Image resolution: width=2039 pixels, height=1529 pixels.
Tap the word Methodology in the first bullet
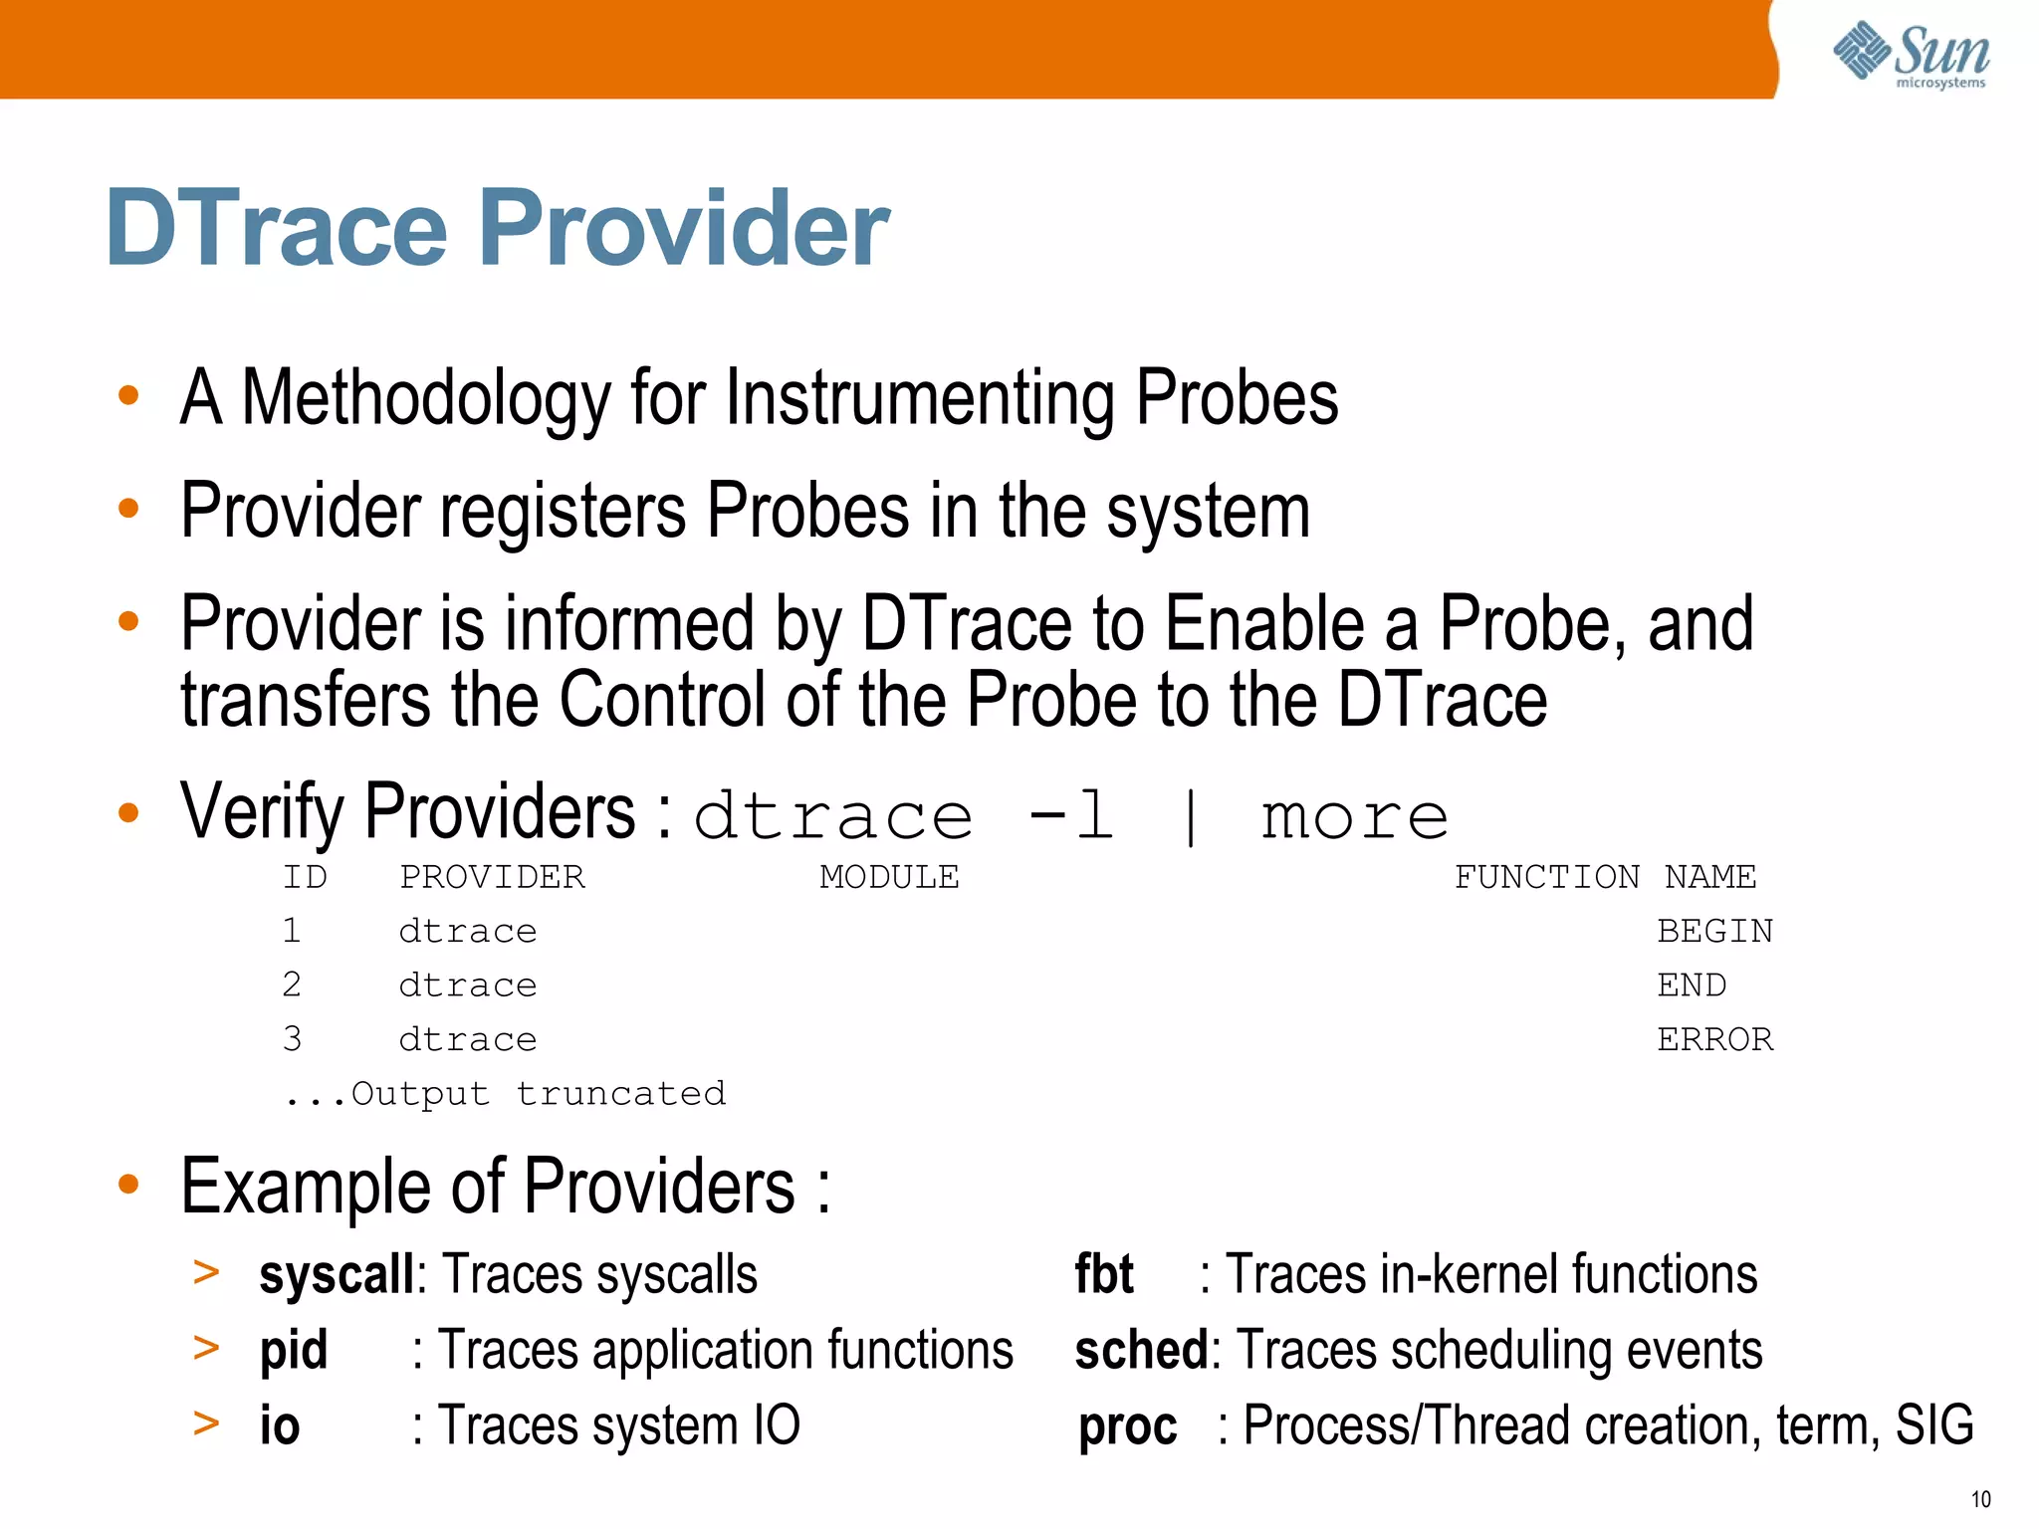(x=425, y=398)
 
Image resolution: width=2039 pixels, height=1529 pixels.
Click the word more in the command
(x=1354, y=817)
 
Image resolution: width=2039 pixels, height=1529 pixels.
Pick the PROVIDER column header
(x=492, y=877)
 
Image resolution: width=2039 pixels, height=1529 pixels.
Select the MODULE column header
(x=889, y=877)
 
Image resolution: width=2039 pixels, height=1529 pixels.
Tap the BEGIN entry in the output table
(x=1714, y=931)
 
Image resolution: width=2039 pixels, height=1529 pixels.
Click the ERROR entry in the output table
(x=1714, y=1039)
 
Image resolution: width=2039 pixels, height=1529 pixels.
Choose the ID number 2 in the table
(x=291, y=984)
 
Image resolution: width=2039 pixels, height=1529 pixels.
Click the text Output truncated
(x=538, y=1094)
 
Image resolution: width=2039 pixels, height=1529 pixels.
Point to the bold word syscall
(x=336, y=1275)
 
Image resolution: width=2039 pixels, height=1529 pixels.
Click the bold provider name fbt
(x=1104, y=1275)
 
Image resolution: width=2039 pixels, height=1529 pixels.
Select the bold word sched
(x=1141, y=1351)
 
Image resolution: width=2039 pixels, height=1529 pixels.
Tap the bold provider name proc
(x=1128, y=1426)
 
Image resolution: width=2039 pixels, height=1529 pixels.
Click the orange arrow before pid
(x=206, y=1348)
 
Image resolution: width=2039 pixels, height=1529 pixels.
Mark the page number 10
(x=1980, y=1499)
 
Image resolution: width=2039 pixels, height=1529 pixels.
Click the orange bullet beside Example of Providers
(x=128, y=1185)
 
